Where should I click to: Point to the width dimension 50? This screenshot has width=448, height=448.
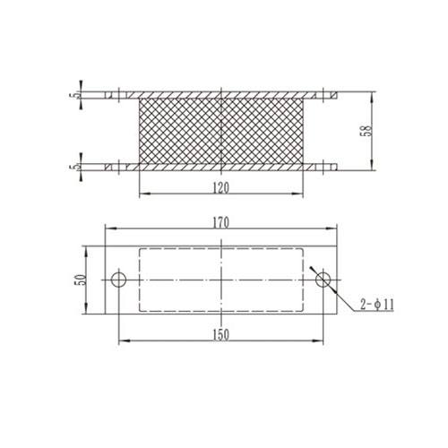(79, 280)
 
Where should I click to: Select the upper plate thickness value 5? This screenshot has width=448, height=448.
(78, 94)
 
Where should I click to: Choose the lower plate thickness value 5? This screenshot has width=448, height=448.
(78, 166)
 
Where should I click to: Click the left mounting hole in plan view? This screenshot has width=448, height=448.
(118, 280)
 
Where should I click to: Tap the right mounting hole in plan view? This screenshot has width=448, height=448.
(324, 280)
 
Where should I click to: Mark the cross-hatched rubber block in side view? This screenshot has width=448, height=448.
(220, 130)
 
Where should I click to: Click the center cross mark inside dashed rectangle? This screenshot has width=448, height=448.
(220, 280)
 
